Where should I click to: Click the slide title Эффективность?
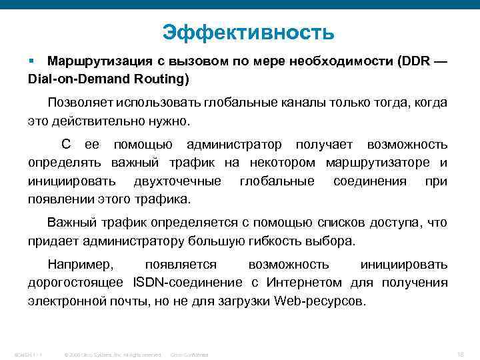coord(248,31)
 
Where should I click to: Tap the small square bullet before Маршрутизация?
coord(31,61)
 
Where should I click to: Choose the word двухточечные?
coord(177,181)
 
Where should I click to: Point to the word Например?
coord(77,265)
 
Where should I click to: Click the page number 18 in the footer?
coord(461,351)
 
